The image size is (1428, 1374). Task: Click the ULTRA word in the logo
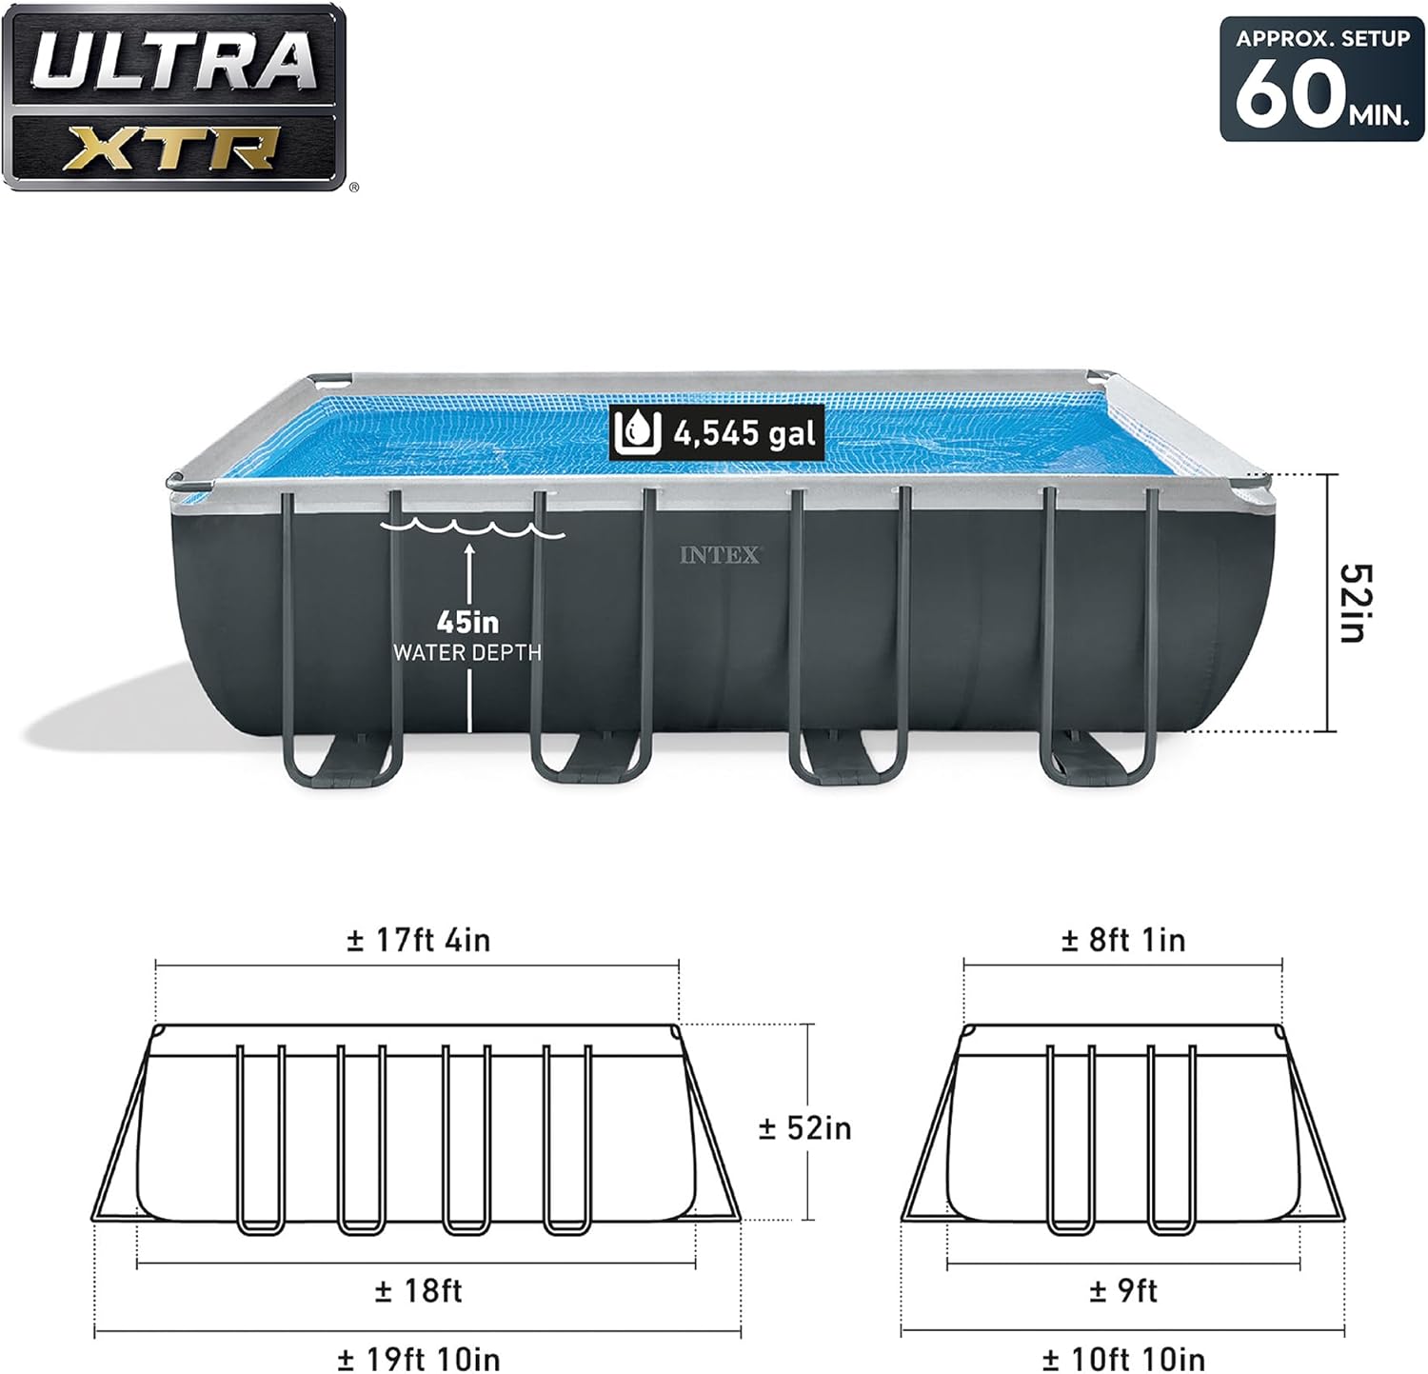click(173, 60)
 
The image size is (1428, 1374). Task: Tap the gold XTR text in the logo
click(173, 149)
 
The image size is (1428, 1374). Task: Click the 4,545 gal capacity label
click(744, 434)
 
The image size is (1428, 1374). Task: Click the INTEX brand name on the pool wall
click(721, 555)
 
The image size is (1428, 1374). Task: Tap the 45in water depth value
click(467, 622)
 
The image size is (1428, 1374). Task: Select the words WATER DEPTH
click(467, 652)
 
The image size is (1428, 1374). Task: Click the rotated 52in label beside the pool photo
click(1356, 603)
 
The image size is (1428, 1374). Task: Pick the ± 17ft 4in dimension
click(418, 941)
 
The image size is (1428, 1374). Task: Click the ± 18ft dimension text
click(418, 1291)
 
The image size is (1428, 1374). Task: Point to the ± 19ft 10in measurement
click(418, 1358)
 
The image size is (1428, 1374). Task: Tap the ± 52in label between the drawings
click(804, 1128)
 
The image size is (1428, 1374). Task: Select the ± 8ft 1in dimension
click(1123, 941)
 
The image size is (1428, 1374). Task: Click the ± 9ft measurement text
click(1123, 1291)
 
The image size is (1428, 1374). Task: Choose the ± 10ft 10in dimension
click(1123, 1358)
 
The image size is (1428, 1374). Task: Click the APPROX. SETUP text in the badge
click(1322, 39)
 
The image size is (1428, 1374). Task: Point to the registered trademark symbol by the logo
click(354, 188)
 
